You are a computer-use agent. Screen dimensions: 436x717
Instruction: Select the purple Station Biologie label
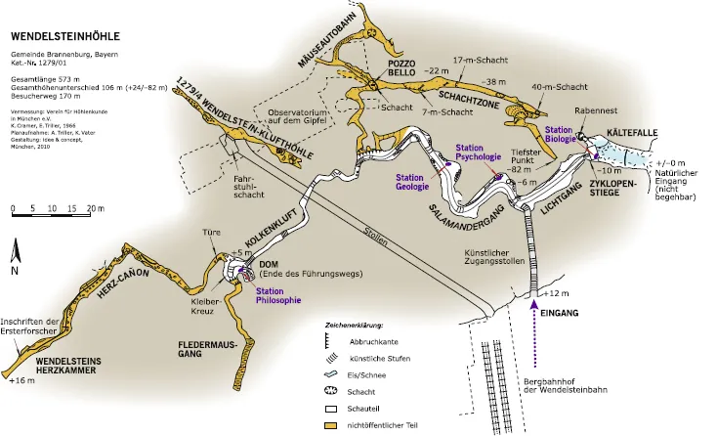559,135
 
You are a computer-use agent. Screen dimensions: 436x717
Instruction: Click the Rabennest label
594,111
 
